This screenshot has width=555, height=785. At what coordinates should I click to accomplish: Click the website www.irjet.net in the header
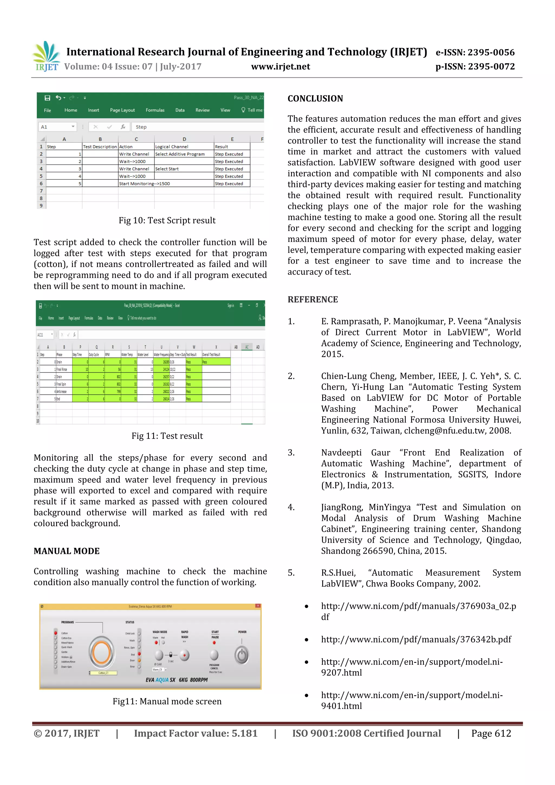pyautogui.click(x=280, y=67)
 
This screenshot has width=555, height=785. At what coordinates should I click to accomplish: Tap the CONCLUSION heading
pyautogui.click(x=315, y=99)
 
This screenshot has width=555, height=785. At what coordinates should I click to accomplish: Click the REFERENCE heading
pyautogui.click(x=312, y=299)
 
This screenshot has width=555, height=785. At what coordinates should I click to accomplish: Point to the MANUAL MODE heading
pyautogui.click(x=67, y=551)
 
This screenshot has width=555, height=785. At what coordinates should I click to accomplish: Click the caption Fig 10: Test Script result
pyautogui.click(x=167, y=221)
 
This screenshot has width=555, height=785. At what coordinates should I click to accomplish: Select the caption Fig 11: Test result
pyautogui.click(x=167, y=436)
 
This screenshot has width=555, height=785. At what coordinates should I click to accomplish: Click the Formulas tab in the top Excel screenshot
pyautogui.click(x=155, y=110)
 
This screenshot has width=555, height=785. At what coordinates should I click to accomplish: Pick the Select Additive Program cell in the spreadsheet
pyautogui.click(x=180, y=154)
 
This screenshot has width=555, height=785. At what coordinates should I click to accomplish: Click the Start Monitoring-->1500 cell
pyautogui.click(x=144, y=184)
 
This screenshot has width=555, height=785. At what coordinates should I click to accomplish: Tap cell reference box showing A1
pyautogui.click(x=57, y=127)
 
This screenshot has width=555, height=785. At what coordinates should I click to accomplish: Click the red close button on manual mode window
pyautogui.click(x=258, y=606)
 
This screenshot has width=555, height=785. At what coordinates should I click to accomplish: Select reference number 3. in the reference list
pyautogui.click(x=291, y=453)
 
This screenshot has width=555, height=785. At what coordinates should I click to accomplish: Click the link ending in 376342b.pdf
pyautogui.click(x=416, y=639)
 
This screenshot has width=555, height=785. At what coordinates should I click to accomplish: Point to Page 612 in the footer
pyautogui.click(x=491, y=733)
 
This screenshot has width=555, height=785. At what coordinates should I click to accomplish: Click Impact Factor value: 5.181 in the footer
pyautogui.click(x=196, y=733)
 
